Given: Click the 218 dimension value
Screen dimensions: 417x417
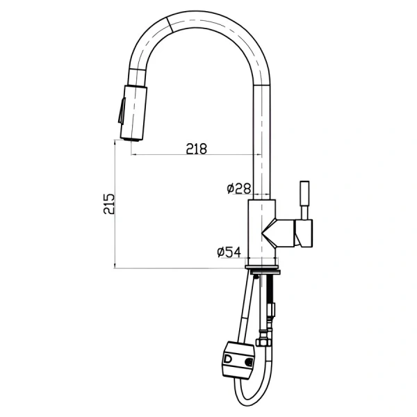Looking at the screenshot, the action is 196,149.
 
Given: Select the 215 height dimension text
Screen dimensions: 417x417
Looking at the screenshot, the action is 109,204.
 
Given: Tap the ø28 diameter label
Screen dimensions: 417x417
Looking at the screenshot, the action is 239,188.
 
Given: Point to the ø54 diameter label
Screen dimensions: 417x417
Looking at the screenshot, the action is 229,252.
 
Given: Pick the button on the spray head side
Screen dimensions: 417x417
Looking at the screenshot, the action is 122,111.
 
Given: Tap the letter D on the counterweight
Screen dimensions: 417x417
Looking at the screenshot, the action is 228,359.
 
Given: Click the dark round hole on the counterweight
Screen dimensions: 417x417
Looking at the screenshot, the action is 249,361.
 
